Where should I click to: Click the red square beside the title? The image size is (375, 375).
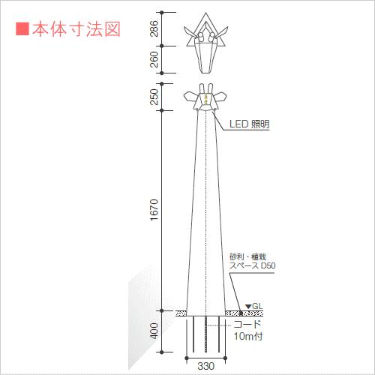click(x=22, y=29)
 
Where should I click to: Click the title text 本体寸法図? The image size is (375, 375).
click(x=76, y=29)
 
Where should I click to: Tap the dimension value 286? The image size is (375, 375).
click(x=154, y=28)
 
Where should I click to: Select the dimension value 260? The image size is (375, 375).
click(x=154, y=59)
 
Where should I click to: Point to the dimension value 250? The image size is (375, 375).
click(x=154, y=97)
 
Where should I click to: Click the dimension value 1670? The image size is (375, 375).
click(x=154, y=210)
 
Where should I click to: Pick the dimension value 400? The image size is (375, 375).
click(x=154, y=331)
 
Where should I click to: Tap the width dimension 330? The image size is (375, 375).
click(x=206, y=366)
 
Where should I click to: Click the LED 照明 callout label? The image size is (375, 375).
click(x=249, y=124)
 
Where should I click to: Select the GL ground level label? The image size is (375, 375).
click(x=257, y=306)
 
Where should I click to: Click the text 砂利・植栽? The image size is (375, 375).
click(x=247, y=256)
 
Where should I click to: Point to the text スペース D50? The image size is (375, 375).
click(x=253, y=265)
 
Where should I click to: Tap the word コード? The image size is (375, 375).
click(x=247, y=324)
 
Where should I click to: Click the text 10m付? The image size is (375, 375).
click(x=248, y=336)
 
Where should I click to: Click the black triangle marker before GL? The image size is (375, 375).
click(x=248, y=306)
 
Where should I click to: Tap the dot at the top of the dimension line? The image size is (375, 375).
click(x=162, y=12)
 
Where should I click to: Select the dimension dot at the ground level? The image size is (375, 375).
click(x=162, y=310)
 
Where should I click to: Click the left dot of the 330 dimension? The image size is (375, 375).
click(x=187, y=358)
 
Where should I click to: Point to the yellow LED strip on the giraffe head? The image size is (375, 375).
click(x=206, y=99)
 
